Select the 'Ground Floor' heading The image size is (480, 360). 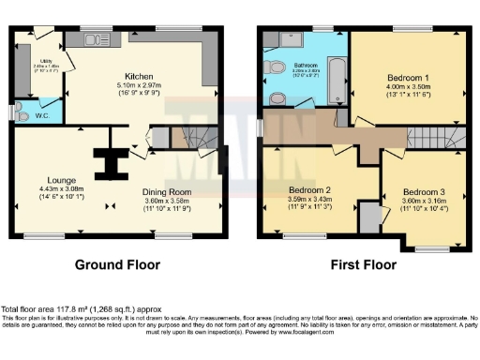pos(117,264)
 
